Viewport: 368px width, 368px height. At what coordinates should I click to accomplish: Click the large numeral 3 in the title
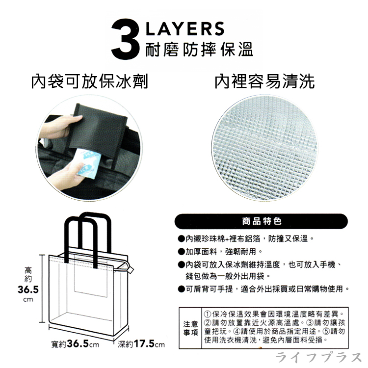(x=125, y=39)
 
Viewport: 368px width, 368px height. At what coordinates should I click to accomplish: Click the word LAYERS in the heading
(x=184, y=28)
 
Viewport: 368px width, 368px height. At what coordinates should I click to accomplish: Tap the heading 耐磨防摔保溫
(x=199, y=50)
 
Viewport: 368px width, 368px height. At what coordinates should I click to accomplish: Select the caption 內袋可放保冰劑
(x=90, y=81)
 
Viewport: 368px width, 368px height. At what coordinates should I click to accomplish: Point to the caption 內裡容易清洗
(x=264, y=81)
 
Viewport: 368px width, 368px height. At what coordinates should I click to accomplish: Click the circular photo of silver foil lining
(x=264, y=148)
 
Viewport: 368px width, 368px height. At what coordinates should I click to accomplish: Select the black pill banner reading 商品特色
(x=261, y=221)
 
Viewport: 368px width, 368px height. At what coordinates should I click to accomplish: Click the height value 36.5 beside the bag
(x=28, y=289)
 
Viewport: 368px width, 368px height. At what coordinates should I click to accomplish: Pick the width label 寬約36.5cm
(x=75, y=344)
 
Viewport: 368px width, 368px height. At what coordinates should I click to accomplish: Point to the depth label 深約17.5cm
(x=141, y=344)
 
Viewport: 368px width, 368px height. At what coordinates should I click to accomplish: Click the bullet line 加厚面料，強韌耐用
(x=220, y=252)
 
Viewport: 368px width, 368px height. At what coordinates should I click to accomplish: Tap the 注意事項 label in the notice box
(x=190, y=328)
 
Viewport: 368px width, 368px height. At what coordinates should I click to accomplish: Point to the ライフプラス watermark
(x=318, y=358)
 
